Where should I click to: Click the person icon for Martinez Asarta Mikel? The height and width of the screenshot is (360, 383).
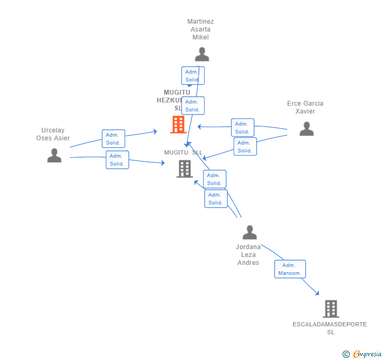(x=202, y=54)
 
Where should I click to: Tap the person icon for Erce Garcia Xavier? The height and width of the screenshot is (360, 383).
(x=306, y=129)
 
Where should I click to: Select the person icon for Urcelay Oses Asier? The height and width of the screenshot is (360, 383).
(x=54, y=156)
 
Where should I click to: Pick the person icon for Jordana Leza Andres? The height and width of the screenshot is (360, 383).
(x=249, y=232)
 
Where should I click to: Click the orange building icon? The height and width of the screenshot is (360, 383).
(x=178, y=125)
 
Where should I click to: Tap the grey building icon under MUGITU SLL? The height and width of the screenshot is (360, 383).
(x=185, y=169)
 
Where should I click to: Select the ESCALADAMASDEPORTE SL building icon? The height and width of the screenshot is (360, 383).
(x=330, y=309)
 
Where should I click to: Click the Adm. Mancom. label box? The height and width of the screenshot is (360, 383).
(x=290, y=269)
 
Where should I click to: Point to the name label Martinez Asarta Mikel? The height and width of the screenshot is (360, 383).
(x=200, y=29)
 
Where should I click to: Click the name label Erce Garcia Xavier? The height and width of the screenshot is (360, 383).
(x=305, y=107)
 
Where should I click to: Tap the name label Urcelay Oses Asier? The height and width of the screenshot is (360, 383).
(x=53, y=134)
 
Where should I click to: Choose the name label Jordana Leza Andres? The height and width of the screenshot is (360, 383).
(x=248, y=254)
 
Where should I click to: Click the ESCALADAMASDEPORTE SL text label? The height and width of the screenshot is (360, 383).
(x=330, y=328)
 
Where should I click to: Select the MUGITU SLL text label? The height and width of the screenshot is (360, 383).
(x=183, y=152)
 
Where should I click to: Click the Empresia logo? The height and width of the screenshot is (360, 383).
(x=367, y=354)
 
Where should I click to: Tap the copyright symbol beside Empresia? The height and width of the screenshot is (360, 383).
(x=346, y=355)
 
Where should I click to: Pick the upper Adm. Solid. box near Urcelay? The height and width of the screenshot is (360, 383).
(x=113, y=139)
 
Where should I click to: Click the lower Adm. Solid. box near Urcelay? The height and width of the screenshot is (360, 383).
(x=117, y=160)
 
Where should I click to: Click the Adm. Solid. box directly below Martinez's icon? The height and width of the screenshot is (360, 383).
(x=193, y=76)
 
